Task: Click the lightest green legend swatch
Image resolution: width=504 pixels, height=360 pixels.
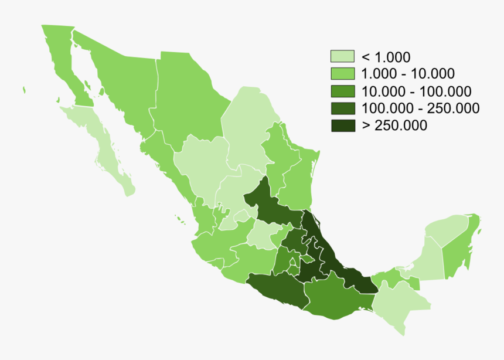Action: (x=342, y=57)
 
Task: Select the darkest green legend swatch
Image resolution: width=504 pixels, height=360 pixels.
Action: (x=342, y=125)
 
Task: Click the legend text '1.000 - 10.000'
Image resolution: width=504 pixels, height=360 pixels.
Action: (x=408, y=74)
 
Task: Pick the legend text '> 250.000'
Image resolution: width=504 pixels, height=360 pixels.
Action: (x=394, y=125)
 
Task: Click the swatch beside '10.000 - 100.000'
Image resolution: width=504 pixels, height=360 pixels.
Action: (x=342, y=91)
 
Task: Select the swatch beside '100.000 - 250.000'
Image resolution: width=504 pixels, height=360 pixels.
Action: (x=342, y=108)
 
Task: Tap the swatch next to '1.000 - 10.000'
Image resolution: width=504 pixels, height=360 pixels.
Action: (x=342, y=74)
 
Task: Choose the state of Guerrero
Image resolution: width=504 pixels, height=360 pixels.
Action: (x=275, y=290)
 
